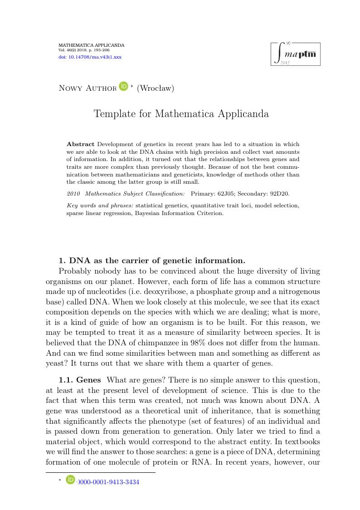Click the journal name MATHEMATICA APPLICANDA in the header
[x=91, y=45]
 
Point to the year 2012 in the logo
[x=285, y=63]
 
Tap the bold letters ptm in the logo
[x=307, y=54]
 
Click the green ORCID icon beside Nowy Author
[x=123, y=86]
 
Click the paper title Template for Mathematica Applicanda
[x=181, y=114]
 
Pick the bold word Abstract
[x=80, y=144]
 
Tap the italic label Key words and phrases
[x=100, y=206]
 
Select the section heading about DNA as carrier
[x=152, y=260]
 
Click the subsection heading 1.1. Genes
[x=80, y=379]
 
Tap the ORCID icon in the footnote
[x=70, y=480]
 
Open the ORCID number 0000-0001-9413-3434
[x=108, y=482]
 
